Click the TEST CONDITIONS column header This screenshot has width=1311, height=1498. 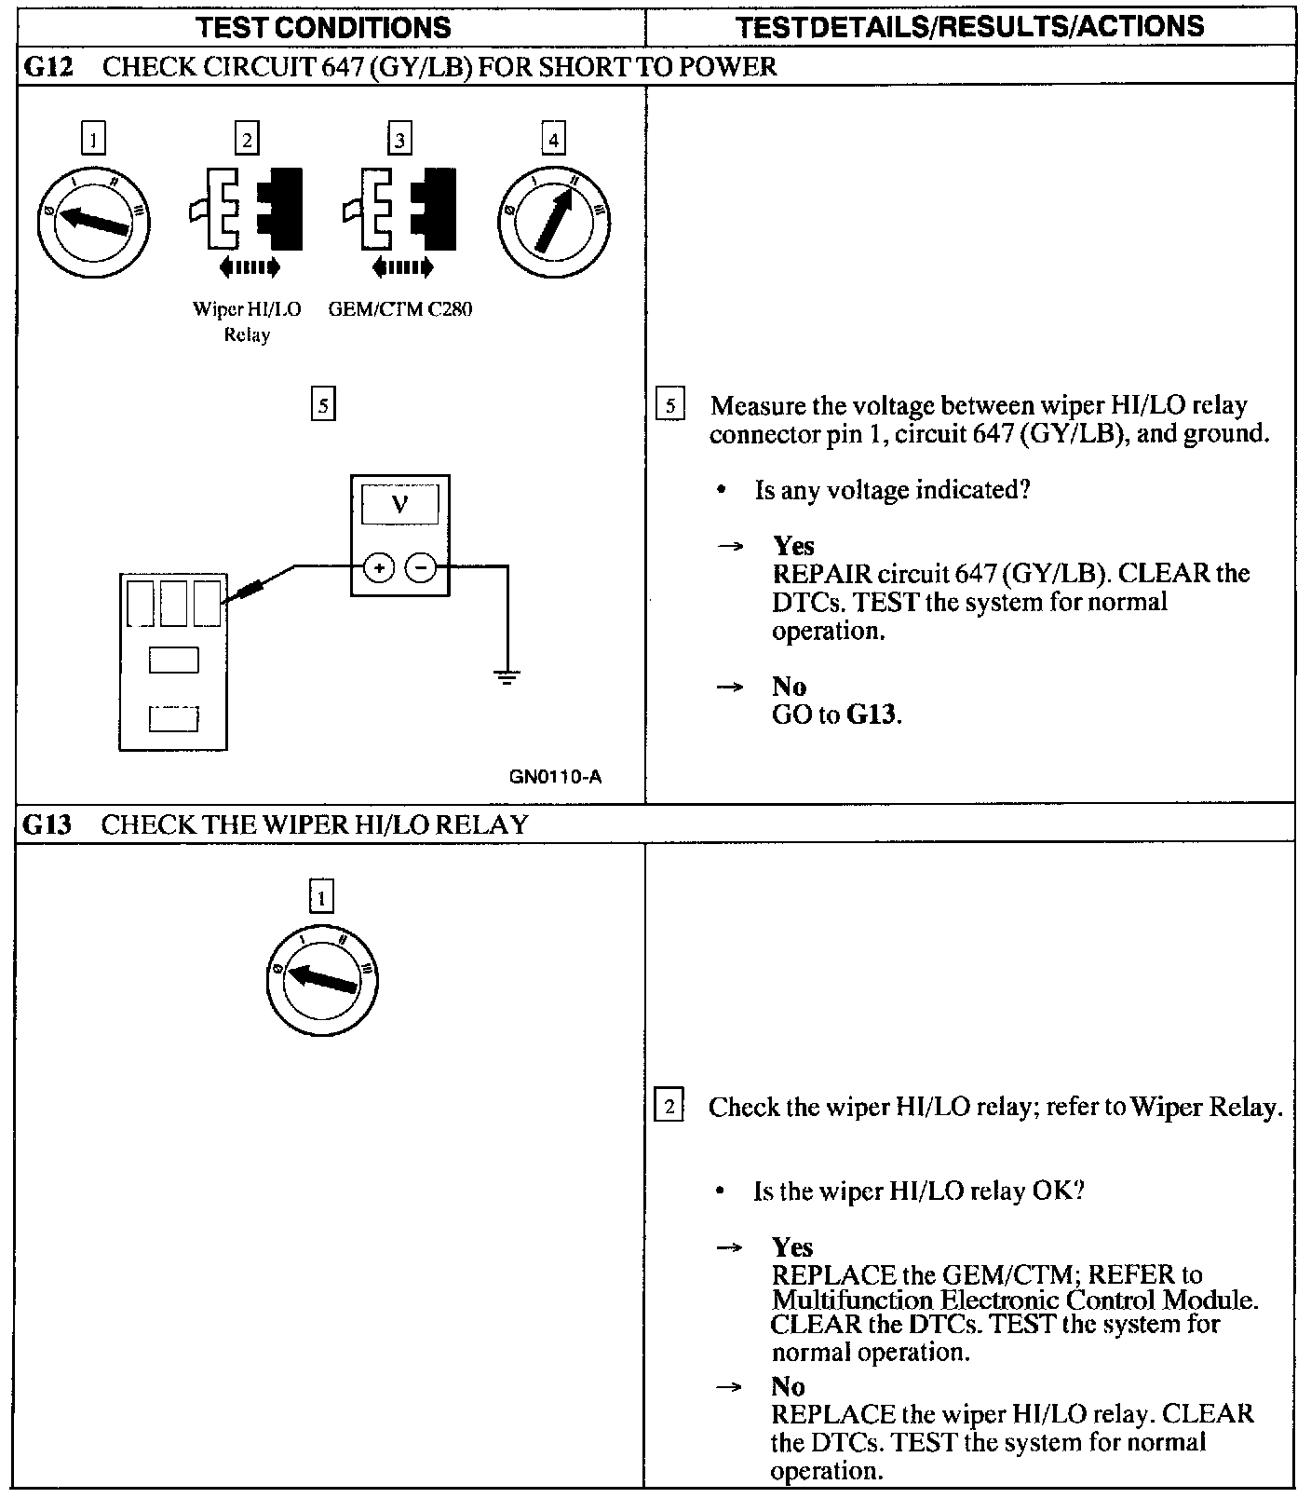tap(324, 27)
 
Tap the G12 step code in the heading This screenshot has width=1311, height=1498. tap(47, 66)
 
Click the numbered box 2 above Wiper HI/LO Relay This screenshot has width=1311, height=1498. tap(247, 140)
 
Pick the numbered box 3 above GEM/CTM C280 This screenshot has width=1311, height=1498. tap(399, 140)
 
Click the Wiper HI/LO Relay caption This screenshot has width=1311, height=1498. tap(247, 321)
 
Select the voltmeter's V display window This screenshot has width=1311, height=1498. tap(399, 505)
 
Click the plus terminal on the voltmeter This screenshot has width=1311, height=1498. tap(378, 566)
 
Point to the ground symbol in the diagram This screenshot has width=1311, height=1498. tap(507, 677)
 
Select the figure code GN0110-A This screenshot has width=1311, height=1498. tap(555, 776)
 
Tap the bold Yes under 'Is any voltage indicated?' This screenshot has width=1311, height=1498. tap(793, 546)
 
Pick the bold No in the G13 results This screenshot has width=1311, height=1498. tap(788, 1386)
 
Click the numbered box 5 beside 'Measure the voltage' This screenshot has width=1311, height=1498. tap(670, 406)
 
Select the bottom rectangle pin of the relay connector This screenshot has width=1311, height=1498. tap(174, 719)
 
